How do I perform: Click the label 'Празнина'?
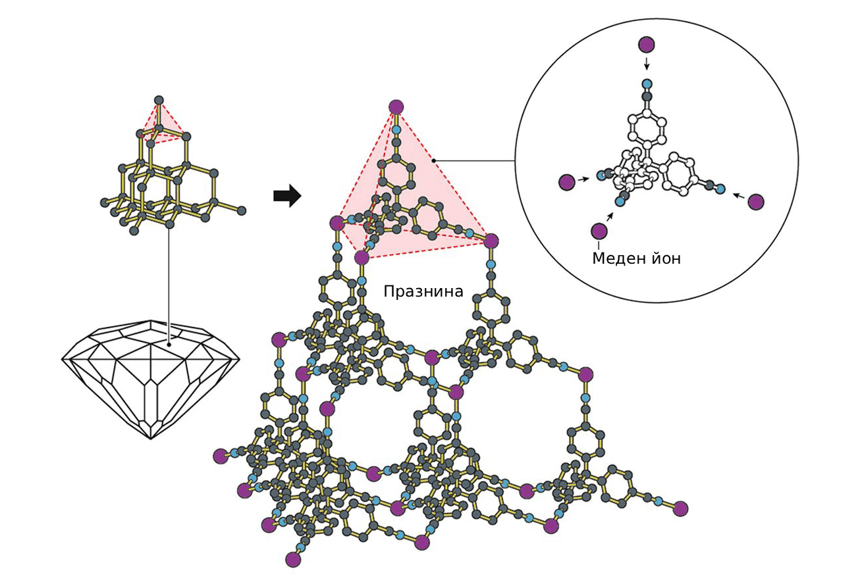423,291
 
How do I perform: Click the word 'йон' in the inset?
664,258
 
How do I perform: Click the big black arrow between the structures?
287,196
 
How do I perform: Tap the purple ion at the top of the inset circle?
647,45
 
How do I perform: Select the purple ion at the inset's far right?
756,202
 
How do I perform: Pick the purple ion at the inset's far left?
566,183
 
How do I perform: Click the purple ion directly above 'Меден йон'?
599,231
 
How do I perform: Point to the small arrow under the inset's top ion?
647,64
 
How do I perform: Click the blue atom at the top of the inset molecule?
647,84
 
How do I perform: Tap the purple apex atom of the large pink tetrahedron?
396,107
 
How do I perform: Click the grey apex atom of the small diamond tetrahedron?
159,100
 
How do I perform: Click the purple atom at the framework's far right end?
681,508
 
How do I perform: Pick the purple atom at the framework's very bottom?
293,559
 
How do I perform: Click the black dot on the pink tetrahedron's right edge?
433,160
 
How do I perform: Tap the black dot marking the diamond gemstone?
169,344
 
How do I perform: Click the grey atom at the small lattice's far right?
242,210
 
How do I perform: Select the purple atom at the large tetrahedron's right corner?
491,241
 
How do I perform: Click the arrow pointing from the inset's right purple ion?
739,196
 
